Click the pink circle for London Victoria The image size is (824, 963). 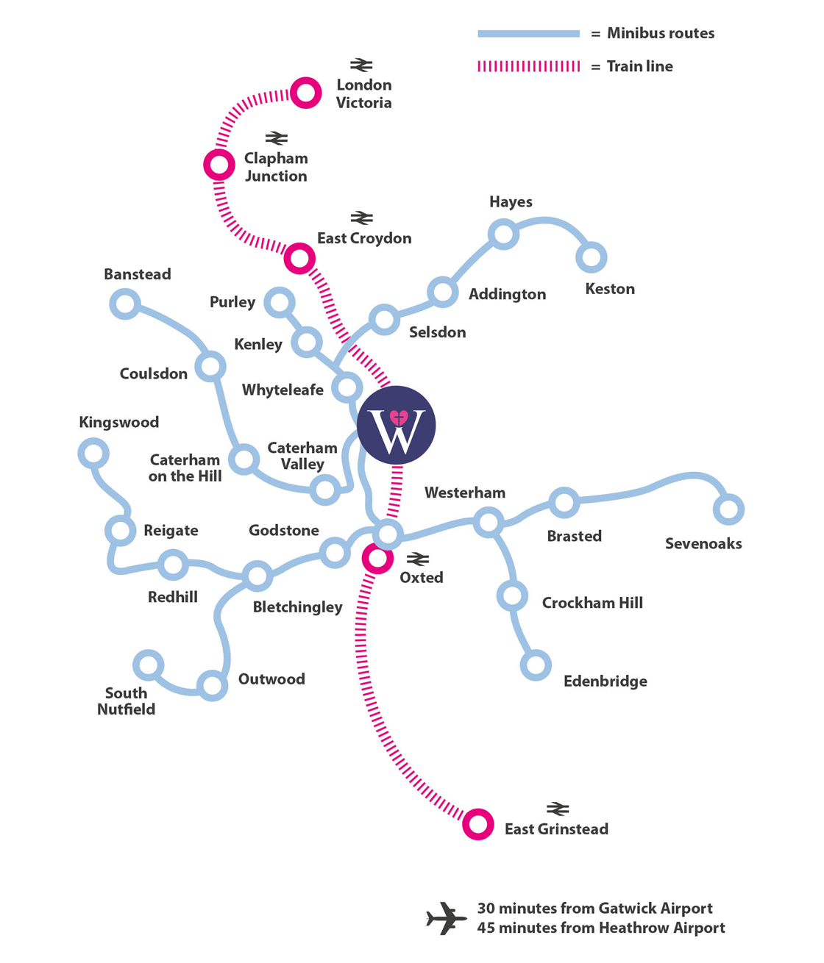(305, 93)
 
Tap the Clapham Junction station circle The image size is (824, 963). (219, 164)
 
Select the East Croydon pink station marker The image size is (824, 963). (299, 258)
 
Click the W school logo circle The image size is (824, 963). (397, 425)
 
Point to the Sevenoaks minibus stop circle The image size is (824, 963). (728, 509)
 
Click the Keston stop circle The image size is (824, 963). (591, 257)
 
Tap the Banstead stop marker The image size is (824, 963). (125, 304)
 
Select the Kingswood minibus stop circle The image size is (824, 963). (93, 453)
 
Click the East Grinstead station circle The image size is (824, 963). (477, 824)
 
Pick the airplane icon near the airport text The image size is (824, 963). (446, 918)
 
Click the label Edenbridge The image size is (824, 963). (605, 681)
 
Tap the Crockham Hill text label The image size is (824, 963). (592, 603)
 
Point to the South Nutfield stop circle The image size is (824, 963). (149, 665)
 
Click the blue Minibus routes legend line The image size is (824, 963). (528, 34)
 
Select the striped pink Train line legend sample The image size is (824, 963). (528, 66)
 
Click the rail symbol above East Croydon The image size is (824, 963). (361, 218)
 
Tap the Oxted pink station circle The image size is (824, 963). (377, 559)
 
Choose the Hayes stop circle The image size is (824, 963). (504, 234)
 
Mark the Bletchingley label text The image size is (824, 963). (297, 607)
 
